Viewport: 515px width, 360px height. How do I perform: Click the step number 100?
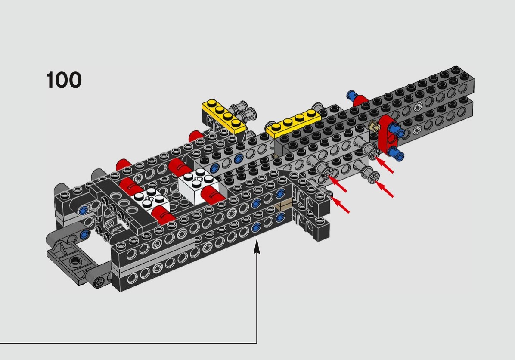64,80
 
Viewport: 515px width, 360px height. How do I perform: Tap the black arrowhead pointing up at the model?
257,247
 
